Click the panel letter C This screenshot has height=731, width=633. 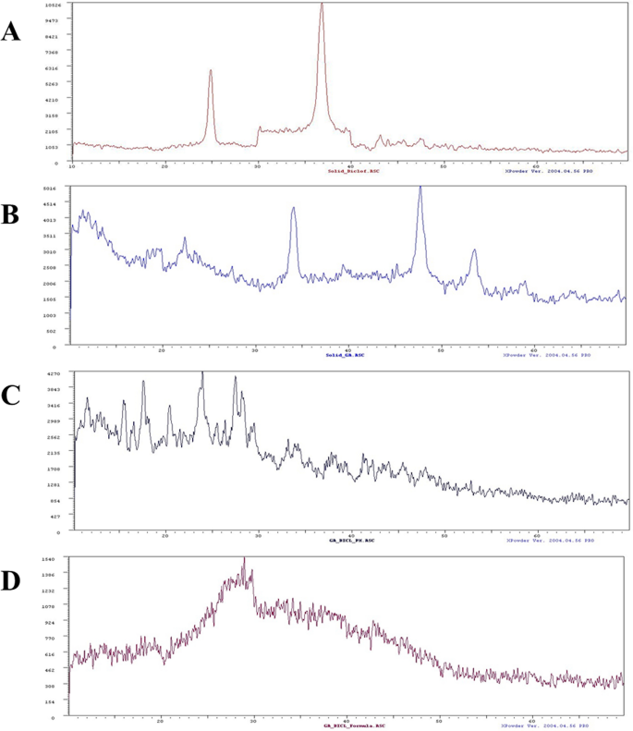[x=12, y=395]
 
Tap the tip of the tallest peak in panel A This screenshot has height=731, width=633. [x=322, y=5]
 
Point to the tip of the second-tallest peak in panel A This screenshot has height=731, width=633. [x=211, y=70]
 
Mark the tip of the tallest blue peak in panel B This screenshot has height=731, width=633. [x=420, y=188]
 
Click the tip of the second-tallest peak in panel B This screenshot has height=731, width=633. [x=294, y=208]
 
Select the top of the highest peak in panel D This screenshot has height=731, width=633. [x=244, y=558]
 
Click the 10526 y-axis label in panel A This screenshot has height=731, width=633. [x=52, y=5]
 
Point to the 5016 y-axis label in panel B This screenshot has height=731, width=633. [x=52, y=189]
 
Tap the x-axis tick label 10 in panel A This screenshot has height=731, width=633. [x=72, y=166]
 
